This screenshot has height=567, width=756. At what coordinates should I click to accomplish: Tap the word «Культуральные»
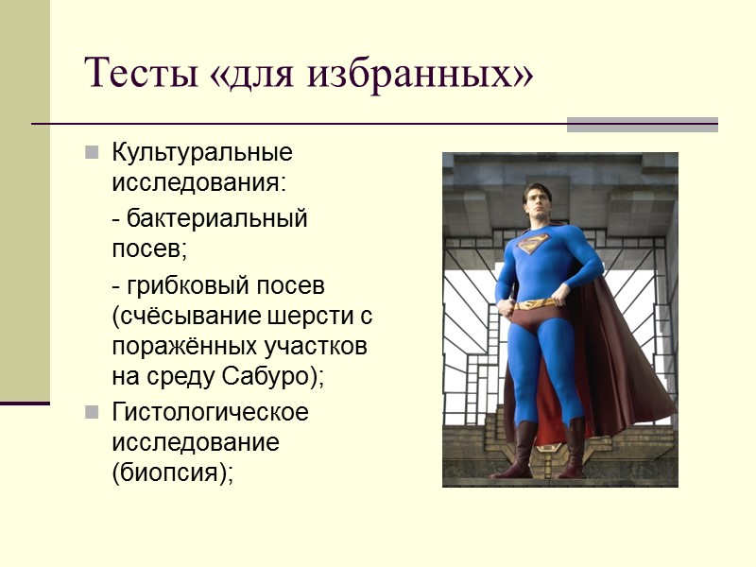click(202, 152)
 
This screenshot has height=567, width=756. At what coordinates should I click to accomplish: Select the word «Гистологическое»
click(210, 412)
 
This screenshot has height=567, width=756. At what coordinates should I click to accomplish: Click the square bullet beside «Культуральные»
click(92, 152)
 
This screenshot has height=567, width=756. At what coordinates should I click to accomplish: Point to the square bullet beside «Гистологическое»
click(92, 413)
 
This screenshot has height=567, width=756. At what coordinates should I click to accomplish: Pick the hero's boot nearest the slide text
click(519, 452)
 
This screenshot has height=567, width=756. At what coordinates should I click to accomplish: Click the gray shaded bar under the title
click(642, 124)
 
